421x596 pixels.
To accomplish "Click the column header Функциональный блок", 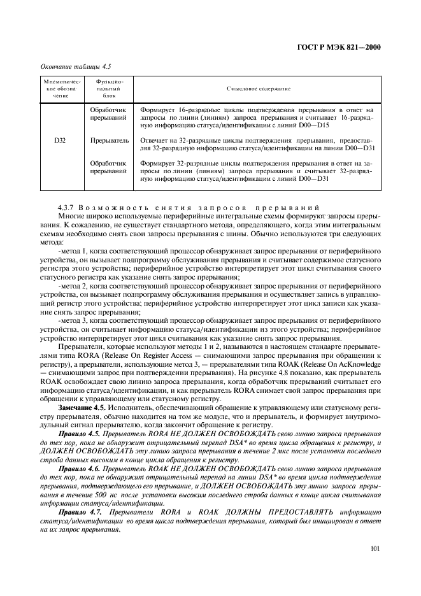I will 108,90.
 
